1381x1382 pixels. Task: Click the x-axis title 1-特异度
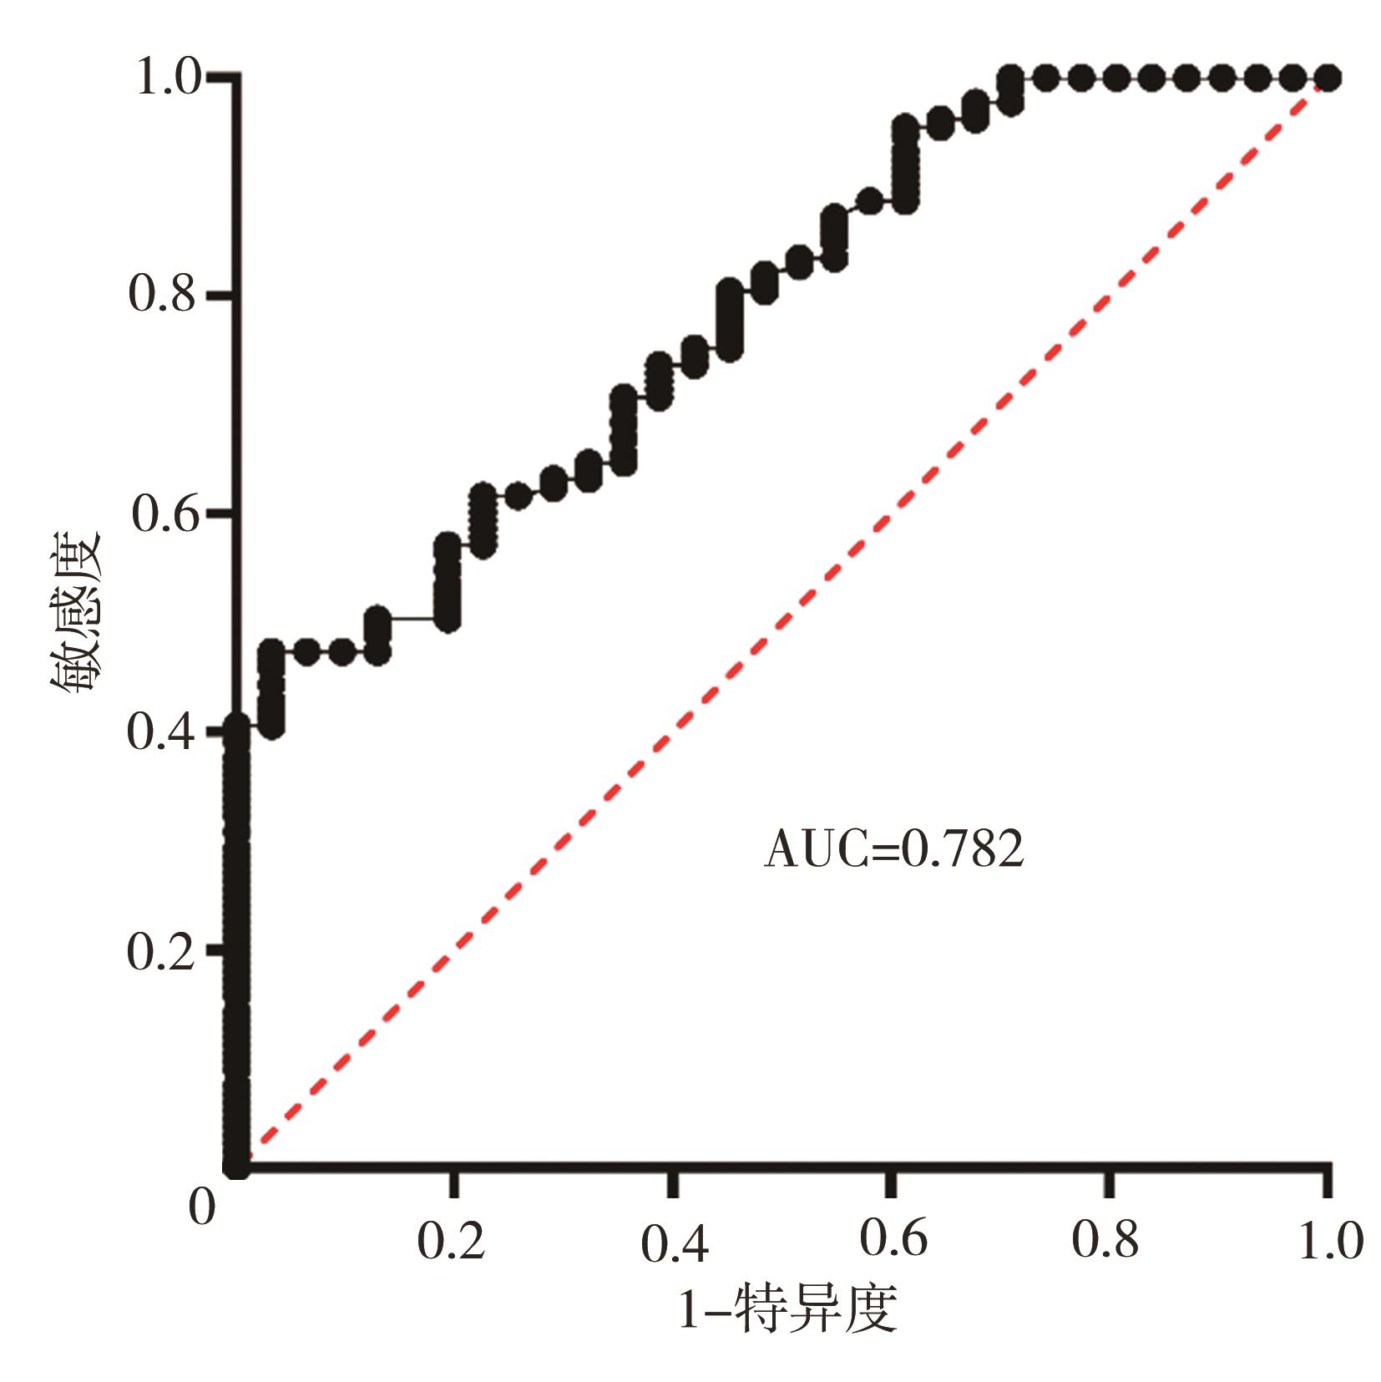[x=787, y=1309]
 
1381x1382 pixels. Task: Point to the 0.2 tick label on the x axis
[x=451, y=1242]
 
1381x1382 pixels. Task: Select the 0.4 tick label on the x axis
[x=675, y=1243]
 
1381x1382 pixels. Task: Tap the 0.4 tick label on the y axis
[x=161, y=732]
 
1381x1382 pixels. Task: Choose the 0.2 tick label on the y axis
[x=161, y=951]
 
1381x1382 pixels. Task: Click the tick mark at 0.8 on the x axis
[x=1108, y=1182]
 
